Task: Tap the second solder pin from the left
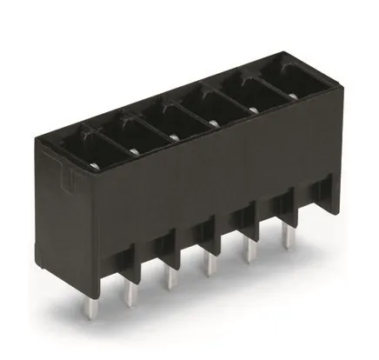(165, 280)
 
